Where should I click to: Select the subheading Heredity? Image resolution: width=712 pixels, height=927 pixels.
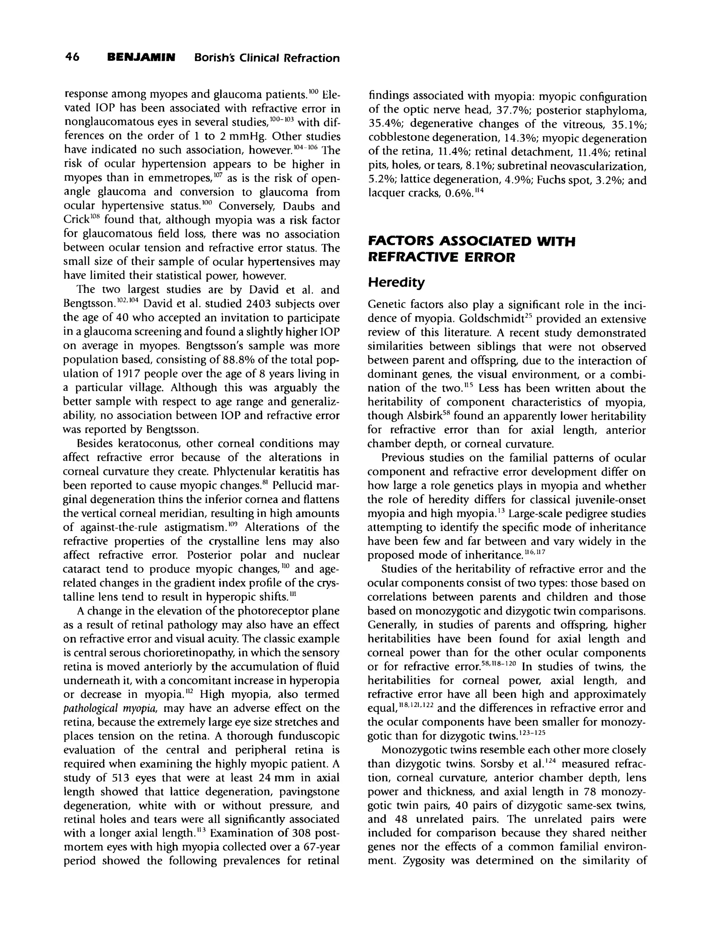(396, 282)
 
